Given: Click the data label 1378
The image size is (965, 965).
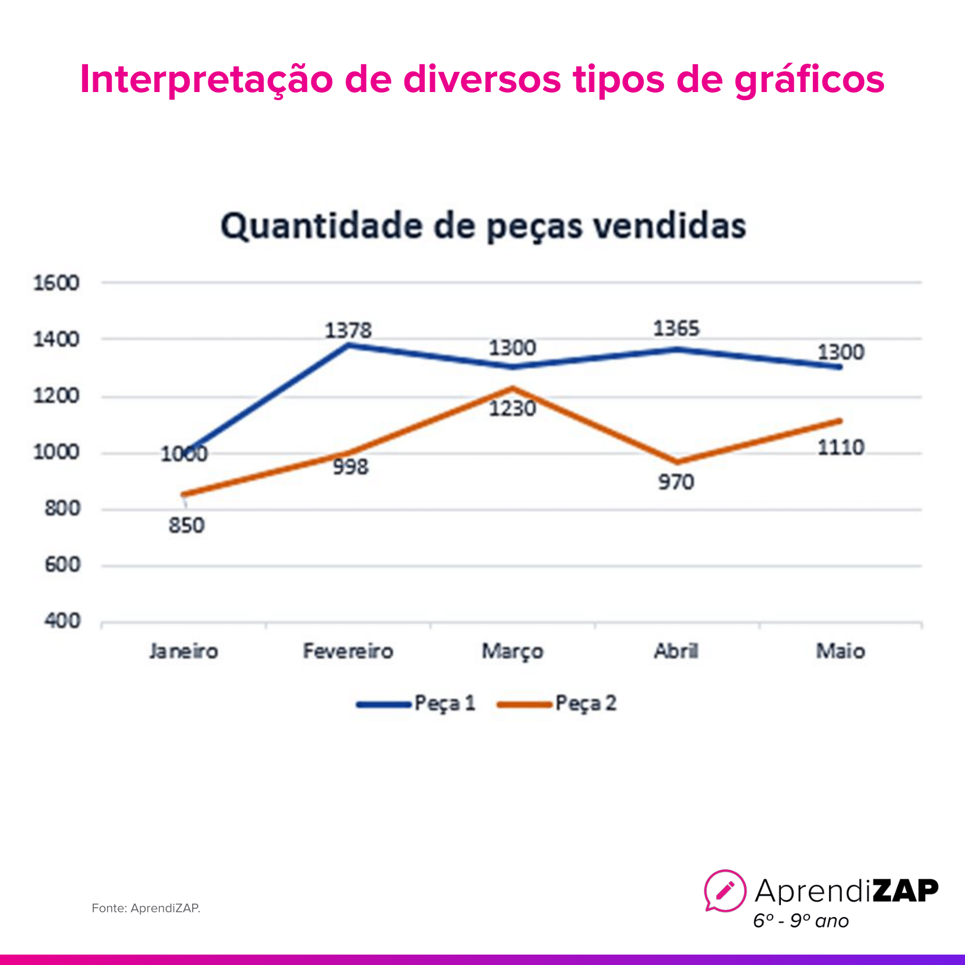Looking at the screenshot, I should (348, 331).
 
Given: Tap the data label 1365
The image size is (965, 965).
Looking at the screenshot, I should (676, 329).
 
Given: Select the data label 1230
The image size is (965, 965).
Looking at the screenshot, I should (512, 409).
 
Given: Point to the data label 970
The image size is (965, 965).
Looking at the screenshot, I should (676, 482).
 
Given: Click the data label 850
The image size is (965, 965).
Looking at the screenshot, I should (186, 526).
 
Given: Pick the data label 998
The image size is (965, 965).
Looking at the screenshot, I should (350, 467).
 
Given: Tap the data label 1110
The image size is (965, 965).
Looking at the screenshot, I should (841, 447).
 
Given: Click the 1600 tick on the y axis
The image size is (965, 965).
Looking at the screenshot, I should (56, 283).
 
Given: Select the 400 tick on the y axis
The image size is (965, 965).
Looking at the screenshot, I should (62, 621).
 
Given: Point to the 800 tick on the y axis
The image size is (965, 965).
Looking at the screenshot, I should (62, 509).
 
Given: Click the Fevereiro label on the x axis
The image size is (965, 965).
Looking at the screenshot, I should (348, 651).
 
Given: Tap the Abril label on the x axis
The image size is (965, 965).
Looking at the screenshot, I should (676, 651).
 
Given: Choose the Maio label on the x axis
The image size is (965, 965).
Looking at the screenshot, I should (840, 651).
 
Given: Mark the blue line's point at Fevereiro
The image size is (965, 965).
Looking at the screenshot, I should (348, 345).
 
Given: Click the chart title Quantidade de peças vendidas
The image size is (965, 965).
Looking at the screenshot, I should (483, 226).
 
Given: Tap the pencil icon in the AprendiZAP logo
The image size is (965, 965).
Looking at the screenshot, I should (725, 890).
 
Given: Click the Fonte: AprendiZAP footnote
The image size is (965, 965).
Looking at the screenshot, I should (146, 908).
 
